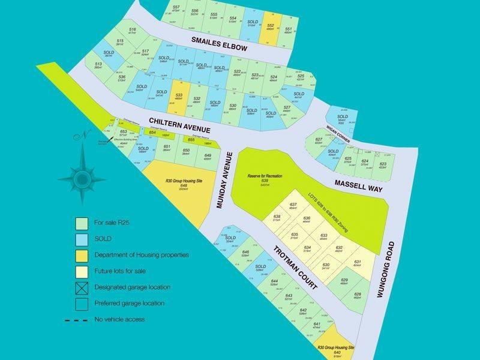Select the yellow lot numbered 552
click(271, 29)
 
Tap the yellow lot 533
click(179, 97)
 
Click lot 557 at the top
click(176, 8)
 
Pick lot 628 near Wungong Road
click(358, 295)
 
